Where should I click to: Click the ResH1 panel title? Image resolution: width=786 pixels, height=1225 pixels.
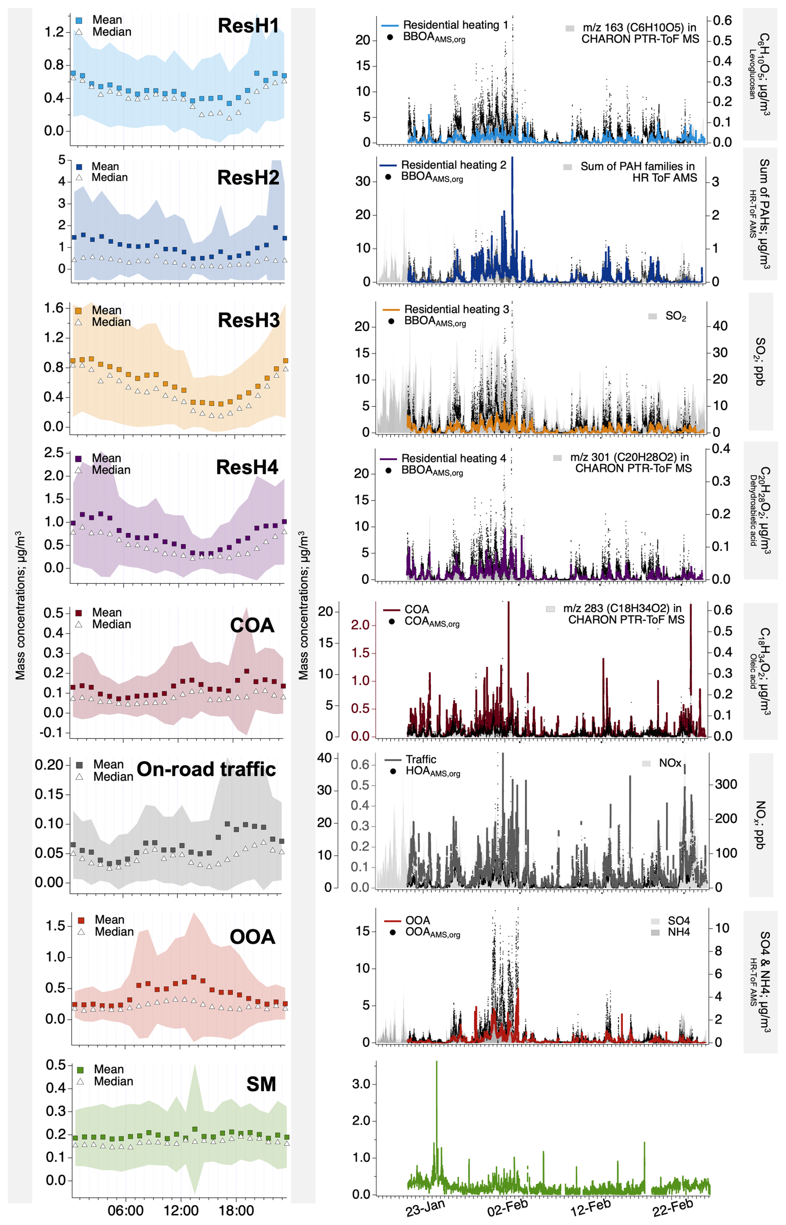click(x=248, y=25)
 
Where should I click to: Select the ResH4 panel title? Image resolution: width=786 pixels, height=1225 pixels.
click(x=247, y=467)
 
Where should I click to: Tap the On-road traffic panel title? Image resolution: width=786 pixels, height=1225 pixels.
click(x=206, y=769)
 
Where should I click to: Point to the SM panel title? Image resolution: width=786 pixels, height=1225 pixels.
click(x=261, y=1084)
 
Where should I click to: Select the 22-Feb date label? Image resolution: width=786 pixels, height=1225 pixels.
click(x=673, y=1208)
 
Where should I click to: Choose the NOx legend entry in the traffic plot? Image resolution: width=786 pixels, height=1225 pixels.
click(x=670, y=763)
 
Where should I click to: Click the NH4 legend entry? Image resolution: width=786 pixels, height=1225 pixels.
click(x=678, y=932)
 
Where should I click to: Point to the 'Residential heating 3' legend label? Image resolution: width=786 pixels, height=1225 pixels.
click(x=456, y=309)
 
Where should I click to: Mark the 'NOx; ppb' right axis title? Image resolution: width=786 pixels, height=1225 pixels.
click(x=761, y=825)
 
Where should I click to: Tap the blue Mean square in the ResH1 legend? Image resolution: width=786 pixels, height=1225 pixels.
click(x=79, y=21)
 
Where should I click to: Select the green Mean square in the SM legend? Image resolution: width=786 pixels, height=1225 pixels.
click(x=80, y=1069)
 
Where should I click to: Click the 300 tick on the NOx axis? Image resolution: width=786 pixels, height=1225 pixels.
click(x=726, y=785)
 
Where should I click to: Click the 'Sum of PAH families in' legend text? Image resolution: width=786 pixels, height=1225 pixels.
click(x=637, y=166)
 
